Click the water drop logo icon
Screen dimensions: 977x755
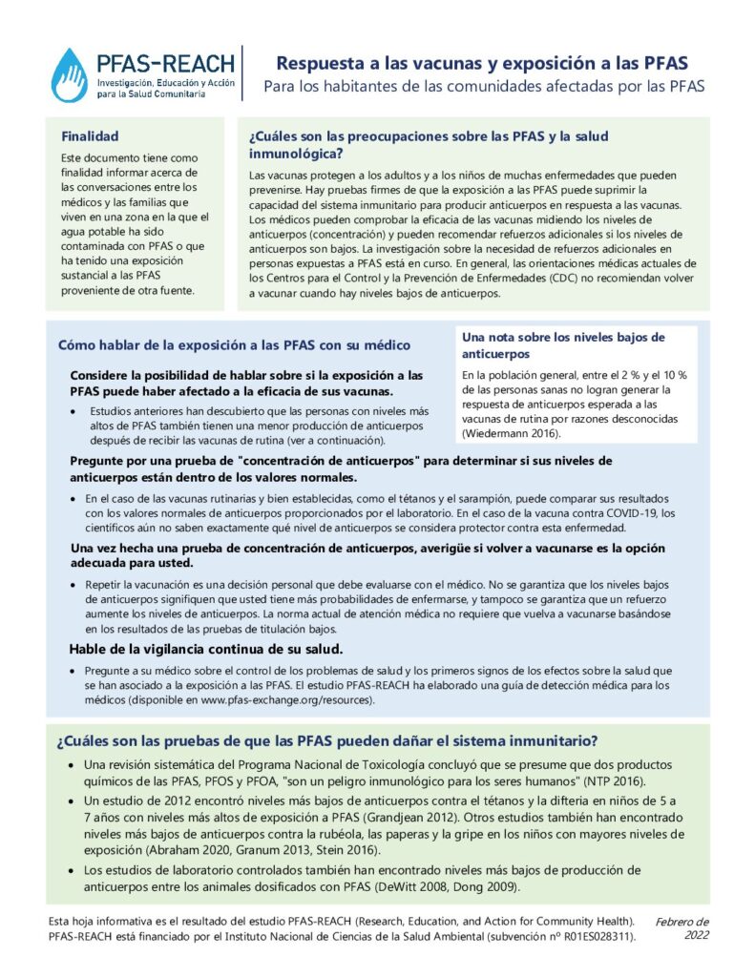pos(69,75)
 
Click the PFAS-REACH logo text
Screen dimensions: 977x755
pos(165,64)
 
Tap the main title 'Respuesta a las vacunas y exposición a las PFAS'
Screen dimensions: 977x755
pos(482,64)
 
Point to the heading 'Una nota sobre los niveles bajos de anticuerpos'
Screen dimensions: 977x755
pos(563,345)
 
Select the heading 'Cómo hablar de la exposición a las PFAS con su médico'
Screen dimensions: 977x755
pos(235,344)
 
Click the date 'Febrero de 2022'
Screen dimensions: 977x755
pos(682,927)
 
